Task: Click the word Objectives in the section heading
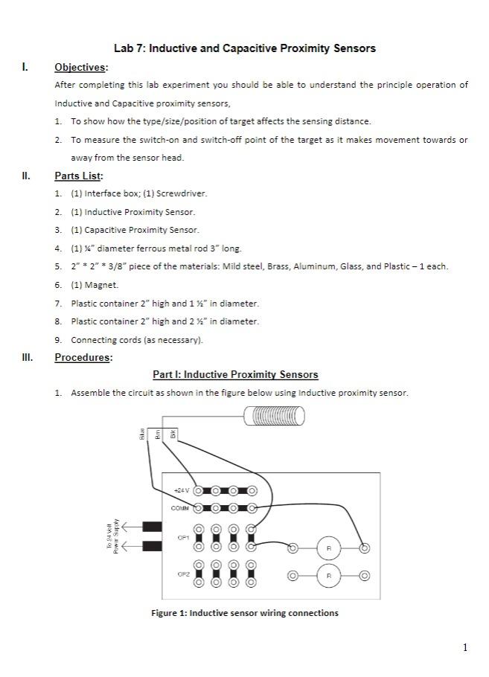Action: pos(80,68)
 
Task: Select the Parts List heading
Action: pos(78,176)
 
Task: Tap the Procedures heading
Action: pos(82,357)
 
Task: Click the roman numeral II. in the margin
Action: pos(26,176)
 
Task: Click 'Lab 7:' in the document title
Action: pos(130,48)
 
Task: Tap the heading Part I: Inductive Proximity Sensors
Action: pos(235,375)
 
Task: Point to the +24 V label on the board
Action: pos(182,491)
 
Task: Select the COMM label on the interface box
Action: pos(180,508)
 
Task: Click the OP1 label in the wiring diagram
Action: pos(183,537)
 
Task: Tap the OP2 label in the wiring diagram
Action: pos(183,574)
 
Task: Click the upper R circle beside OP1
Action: pos(328,548)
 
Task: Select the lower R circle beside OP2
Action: pos(328,576)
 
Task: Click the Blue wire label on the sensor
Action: pos(141,435)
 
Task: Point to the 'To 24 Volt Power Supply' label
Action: pos(112,538)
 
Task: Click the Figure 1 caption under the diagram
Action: pos(244,613)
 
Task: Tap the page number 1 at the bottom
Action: pos(465,647)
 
